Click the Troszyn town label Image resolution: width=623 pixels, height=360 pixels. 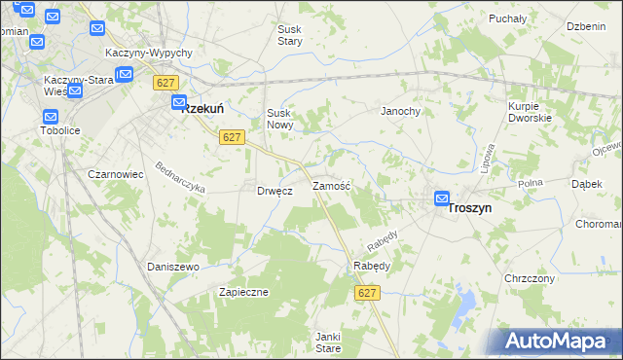[x=470, y=208]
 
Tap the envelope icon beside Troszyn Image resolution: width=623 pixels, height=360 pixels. [x=442, y=198]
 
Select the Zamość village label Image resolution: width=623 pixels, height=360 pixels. [x=331, y=185]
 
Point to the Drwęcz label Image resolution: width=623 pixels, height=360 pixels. [x=275, y=191]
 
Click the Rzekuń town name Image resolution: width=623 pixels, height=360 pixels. [x=204, y=109]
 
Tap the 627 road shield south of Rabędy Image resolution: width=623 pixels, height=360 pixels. [x=367, y=293]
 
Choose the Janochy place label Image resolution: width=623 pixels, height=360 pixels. [x=400, y=111]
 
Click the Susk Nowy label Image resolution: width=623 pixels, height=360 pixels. [x=280, y=119]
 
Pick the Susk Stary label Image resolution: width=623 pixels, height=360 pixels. [x=290, y=36]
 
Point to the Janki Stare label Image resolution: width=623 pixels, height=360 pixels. [x=327, y=342]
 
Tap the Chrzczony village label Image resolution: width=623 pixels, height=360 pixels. [x=530, y=278]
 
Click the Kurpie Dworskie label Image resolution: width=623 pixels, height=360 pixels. [x=530, y=111]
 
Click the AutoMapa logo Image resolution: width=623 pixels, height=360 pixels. [x=560, y=341]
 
